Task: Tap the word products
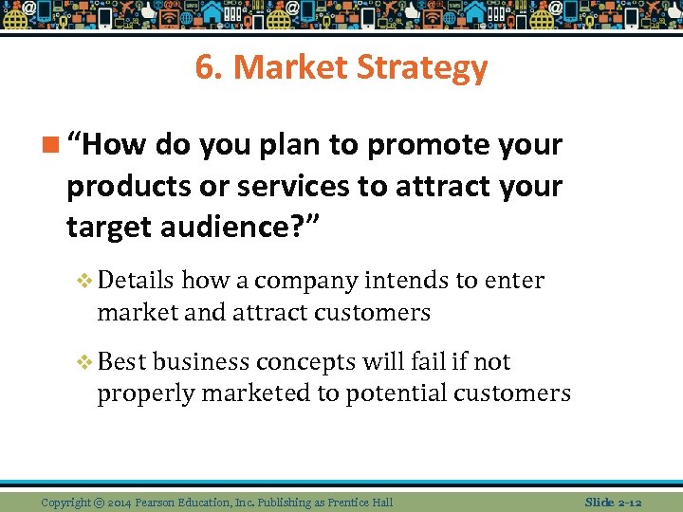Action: tap(124, 187)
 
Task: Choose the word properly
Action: tap(138, 393)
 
